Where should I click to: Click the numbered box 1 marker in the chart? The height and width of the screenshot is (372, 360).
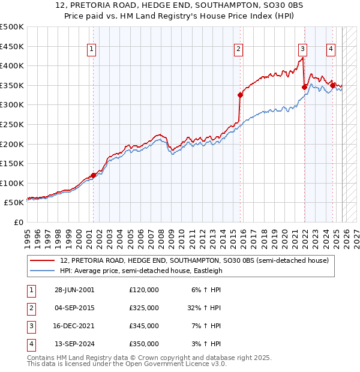click(92, 50)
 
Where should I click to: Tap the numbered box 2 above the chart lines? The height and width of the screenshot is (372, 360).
click(239, 50)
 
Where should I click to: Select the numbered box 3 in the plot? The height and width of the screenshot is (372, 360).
click(303, 50)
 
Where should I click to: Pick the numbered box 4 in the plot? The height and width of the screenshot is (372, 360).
click(331, 50)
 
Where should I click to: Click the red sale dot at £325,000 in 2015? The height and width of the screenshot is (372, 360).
click(240, 95)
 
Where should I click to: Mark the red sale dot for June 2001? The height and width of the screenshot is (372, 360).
click(93, 175)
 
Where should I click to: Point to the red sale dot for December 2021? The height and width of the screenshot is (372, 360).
click(304, 87)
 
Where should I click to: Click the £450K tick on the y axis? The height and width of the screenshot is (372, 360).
click(12, 46)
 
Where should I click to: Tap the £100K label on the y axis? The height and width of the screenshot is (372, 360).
click(12, 183)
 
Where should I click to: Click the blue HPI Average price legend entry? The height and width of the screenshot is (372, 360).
click(141, 271)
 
